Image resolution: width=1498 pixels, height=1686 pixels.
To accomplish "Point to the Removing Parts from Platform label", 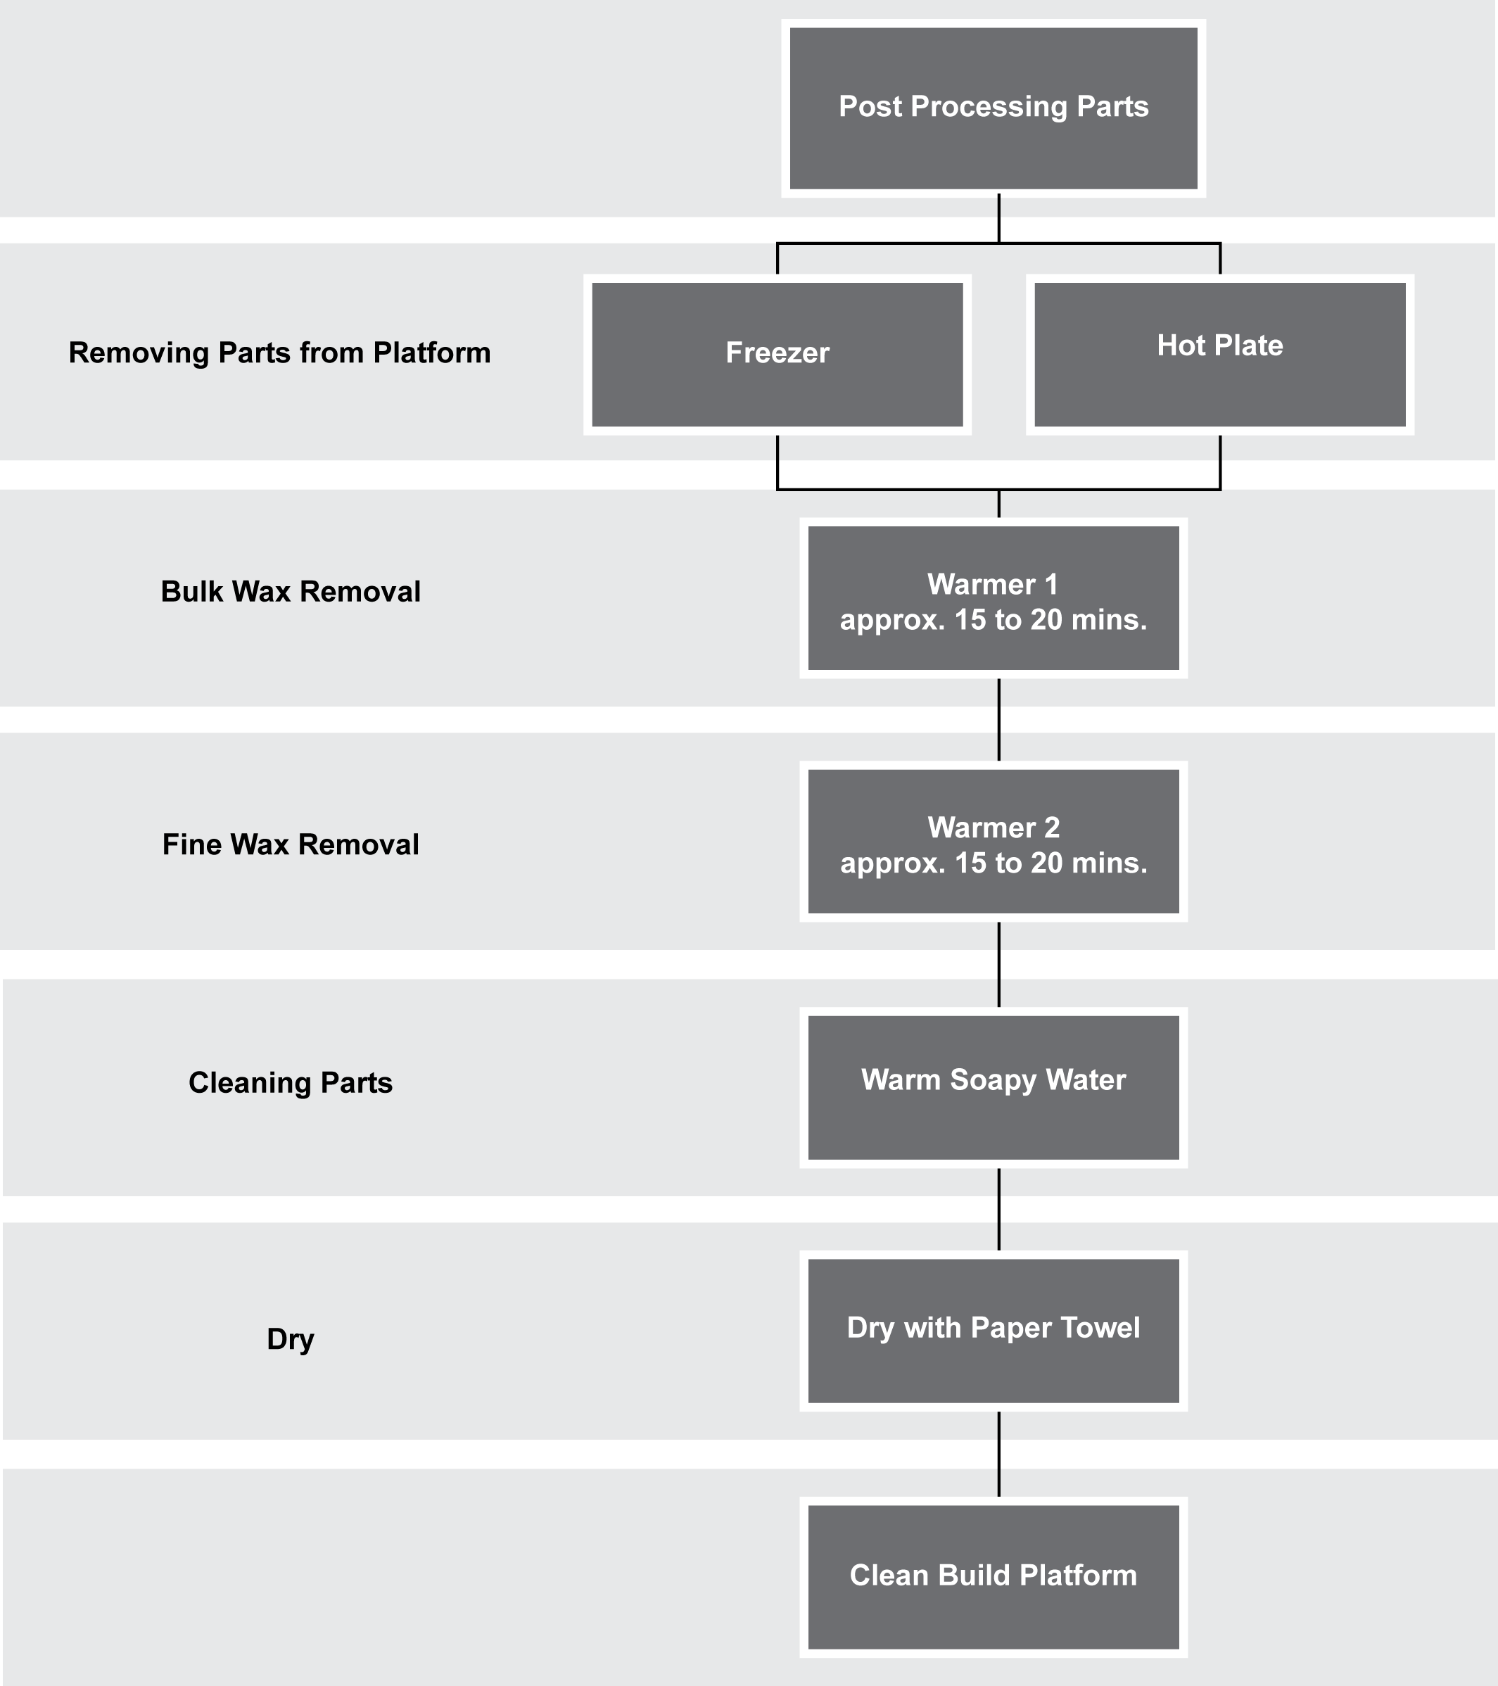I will pyautogui.click(x=279, y=353).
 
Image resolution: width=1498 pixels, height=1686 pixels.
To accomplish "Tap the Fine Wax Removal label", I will pyautogui.click(x=291, y=844).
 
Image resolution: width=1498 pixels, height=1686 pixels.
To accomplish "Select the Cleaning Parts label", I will pyautogui.click(x=291, y=1083).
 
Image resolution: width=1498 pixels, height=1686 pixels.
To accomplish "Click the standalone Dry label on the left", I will pyautogui.click(x=291, y=1338).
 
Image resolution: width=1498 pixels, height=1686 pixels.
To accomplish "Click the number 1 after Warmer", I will pyautogui.click(x=1051, y=585).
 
